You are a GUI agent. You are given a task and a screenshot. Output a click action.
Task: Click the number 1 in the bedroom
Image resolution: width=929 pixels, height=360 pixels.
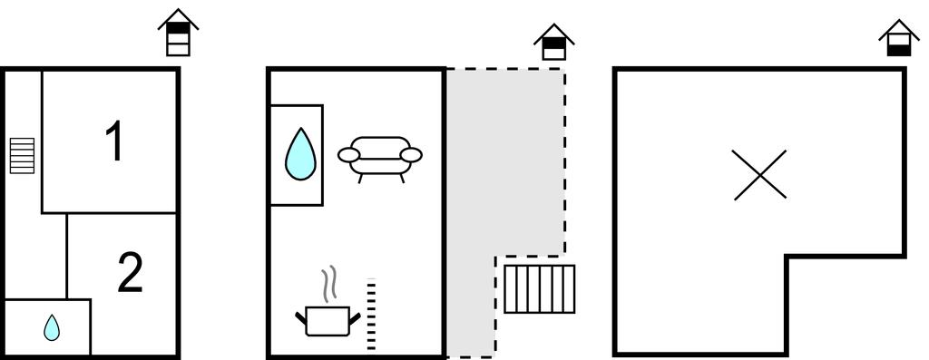tap(113, 141)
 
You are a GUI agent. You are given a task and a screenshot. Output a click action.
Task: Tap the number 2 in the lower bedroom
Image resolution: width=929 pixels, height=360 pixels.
tap(131, 272)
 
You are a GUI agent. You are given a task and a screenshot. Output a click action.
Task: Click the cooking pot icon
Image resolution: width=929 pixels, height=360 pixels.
tap(328, 320)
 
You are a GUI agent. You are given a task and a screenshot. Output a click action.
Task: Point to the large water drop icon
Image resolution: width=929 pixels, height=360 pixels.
tap(300, 154)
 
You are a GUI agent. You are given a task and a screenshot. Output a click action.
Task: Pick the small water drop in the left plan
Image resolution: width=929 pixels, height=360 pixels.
tap(52, 327)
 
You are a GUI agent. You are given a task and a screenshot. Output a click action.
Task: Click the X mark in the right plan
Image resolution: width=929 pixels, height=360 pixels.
tap(759, 175)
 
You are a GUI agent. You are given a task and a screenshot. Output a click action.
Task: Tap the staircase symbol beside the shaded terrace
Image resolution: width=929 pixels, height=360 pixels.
tap(539, 289)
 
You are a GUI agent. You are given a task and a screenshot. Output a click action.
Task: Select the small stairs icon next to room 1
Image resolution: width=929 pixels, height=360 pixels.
tap(22, 156)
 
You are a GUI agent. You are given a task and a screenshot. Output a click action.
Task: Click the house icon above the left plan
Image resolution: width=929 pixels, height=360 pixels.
tap(178, 33)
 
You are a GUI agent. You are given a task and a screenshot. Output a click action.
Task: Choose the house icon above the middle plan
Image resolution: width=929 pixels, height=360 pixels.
tap(554, 42)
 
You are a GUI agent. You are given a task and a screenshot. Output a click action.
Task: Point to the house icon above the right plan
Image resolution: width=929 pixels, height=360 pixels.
tap(899, 38)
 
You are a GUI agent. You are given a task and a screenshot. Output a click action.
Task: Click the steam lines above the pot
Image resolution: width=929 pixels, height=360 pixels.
tap(328, 284)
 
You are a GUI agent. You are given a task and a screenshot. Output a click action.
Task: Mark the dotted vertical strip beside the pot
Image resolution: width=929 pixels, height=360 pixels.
tap(371, 315)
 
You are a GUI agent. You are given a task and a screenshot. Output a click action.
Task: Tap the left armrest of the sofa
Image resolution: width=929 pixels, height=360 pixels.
tap(349, 155)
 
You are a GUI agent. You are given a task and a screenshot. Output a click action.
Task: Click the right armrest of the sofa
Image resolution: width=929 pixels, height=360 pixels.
tap(411, 155)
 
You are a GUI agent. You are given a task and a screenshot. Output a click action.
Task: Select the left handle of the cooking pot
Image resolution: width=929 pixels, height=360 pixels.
tap(301, 318)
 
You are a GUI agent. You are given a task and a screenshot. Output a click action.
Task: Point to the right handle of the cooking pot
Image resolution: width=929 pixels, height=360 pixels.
tap(355, 318)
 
